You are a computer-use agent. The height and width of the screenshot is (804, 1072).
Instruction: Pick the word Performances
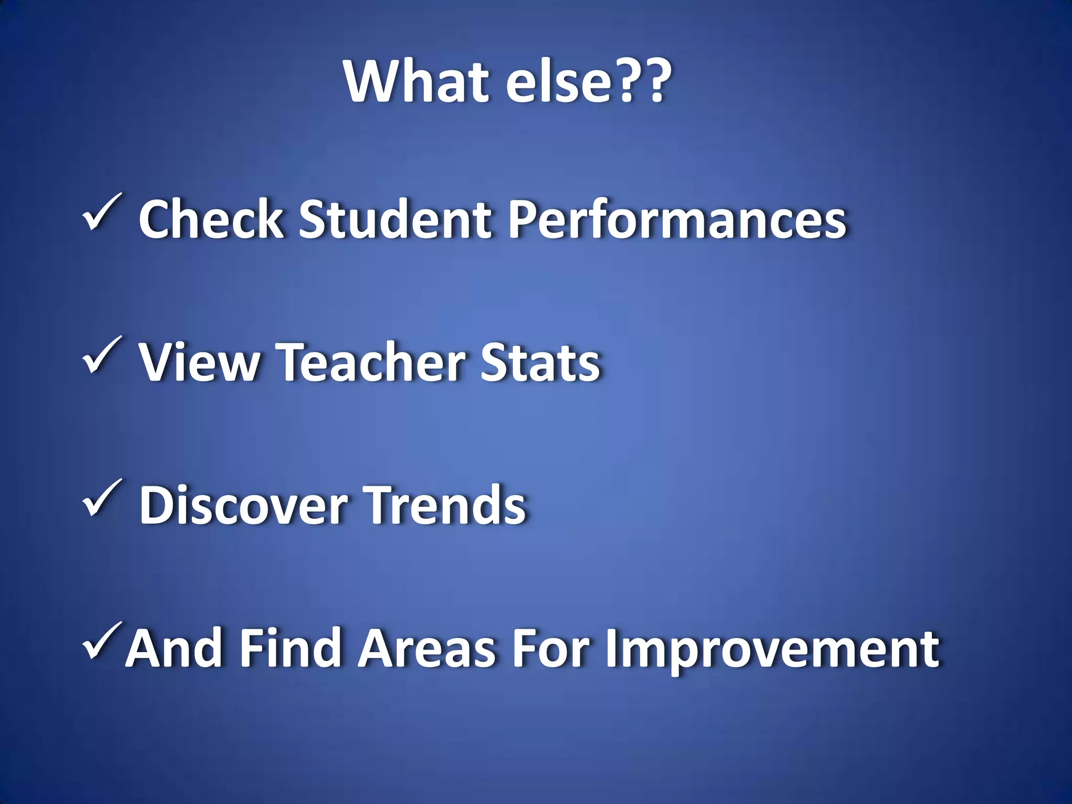pyautogui.click(x=677, y=220)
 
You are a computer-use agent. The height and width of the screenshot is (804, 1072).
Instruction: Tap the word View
pyautogui.click(x=199, y=362)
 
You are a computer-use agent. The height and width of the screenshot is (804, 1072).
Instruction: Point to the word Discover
pyautogui.click(x=243, y=505)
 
